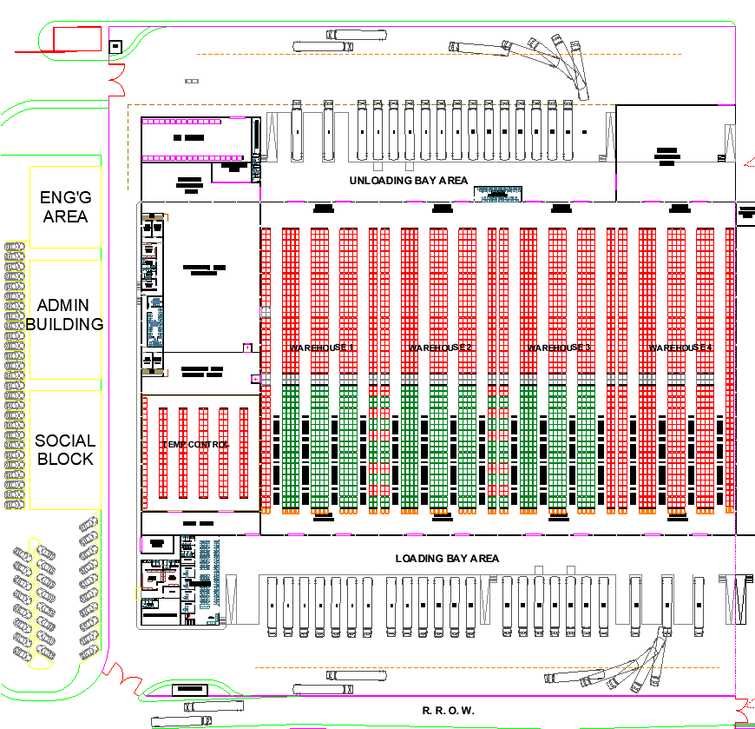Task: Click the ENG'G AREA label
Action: pyautogui.click(x=65, y=207)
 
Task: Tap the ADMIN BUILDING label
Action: pyautogui.click(x=65, y=315)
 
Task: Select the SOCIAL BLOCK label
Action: pyautogui.click(x=65, y=450)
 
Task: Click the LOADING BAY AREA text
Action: pyautogui.click(x=447, y=558)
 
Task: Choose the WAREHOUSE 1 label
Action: pyautogui.click(x=322, y=348)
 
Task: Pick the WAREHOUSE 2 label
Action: pyautogui.click(x=440, y=348)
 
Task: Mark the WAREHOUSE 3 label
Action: pyautogui.click(x=559, y=348)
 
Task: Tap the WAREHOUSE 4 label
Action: pyautogui.click(x=679, y=348)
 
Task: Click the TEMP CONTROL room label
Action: pyautogui.click(x=195, y=445)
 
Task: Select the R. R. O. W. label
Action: pyautogui.click(x=449, y=711)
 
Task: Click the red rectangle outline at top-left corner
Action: pyautogui.click(x=77, y=38)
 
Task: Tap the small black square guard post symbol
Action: pyautogui.click(x=115, y=47)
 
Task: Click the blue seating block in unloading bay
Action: pyautogui.click(x=498, y=193)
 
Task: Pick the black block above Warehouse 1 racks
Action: pyautogui.click(x=323, y=208)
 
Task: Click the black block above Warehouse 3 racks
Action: pyautogui.click(x=561, y=208)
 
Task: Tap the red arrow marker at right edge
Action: pyautogui.click(x=747, y=161)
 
